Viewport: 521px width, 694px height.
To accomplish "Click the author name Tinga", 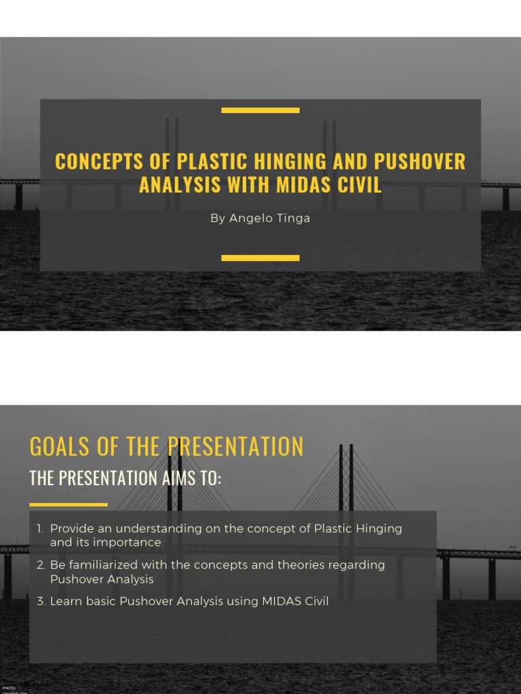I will click(x=292, y=218).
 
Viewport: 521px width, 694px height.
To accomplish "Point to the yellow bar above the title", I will click(x=260, y=110).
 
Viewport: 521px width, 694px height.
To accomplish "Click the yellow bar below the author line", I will click(x=260, y=258).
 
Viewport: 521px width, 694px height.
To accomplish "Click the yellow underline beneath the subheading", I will click(x=69, y=504).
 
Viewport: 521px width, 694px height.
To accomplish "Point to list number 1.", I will click(x=40, y=529).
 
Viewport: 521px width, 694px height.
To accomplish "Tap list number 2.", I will click(x=41, y=565).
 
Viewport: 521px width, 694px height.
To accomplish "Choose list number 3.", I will click(x=41, y=601).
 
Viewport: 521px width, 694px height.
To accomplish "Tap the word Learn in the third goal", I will click(x=66, y=601).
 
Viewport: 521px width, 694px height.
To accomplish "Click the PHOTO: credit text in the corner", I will click(x=9, y=687).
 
